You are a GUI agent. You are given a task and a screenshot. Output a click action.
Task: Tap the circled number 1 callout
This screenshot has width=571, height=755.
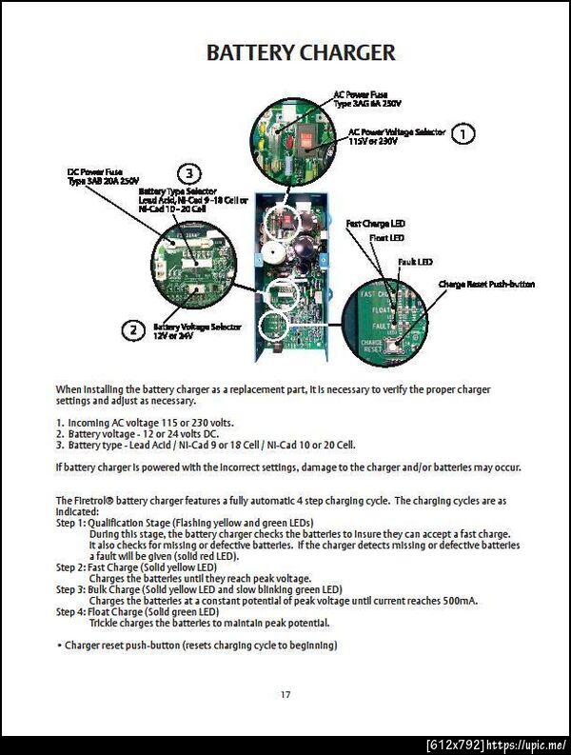tap(462, 133)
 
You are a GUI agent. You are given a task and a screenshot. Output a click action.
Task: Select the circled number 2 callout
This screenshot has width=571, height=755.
tap(131, 330)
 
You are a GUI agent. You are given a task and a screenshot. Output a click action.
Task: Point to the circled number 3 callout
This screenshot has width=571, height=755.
tap(190, 173)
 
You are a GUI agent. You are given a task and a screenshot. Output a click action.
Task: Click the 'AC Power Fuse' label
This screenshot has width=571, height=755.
tap(360, 94)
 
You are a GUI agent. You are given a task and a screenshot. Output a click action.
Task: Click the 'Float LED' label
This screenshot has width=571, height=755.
tap(386, 237)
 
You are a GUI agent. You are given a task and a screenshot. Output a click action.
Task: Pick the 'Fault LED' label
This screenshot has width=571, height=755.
tap(415, 261)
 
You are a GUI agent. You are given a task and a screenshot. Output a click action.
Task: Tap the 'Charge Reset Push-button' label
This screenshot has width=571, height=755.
tap(486, 284)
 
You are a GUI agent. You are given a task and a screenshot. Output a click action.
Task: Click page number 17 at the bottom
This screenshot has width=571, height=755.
tap(285, 694)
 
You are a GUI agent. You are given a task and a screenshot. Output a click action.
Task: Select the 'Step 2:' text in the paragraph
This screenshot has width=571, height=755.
tap(71, 566)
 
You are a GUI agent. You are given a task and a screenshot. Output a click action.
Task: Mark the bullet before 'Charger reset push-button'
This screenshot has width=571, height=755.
tap(59, 646)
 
